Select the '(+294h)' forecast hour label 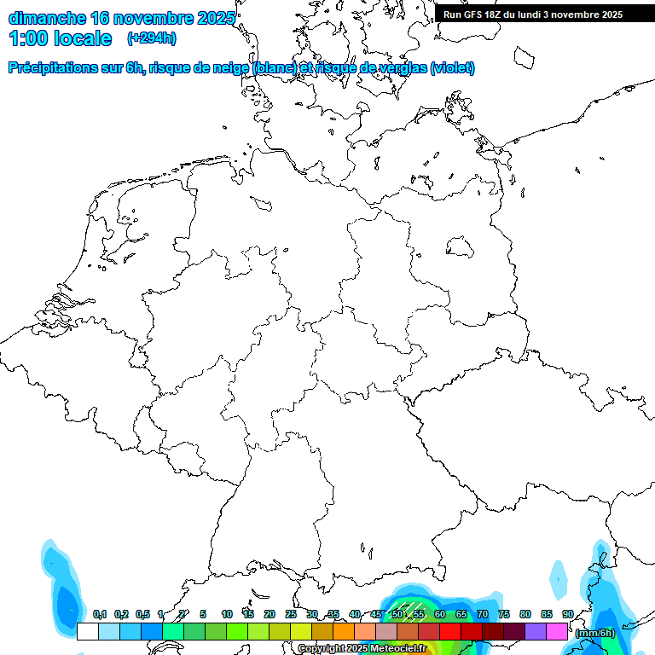click(x=152, y=38)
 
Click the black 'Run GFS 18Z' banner click(x=544, y=14)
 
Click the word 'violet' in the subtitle click(x=451, y=68)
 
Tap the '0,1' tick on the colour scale click(x=100, y=614)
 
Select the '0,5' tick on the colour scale click(x=142, y=614)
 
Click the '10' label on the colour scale click(x=227, y=614)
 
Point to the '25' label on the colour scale click(x=291, y=614)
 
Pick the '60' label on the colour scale click(x=440, y=614)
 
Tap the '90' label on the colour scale click(x=568, y=614)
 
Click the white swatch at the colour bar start click(x=87, y=631)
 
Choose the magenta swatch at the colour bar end click(x=557, y=631)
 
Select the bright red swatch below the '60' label click(x=450, y=631)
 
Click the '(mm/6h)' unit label click(x=594, y=633)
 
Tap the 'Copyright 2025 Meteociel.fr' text click(x=362, y=648)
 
